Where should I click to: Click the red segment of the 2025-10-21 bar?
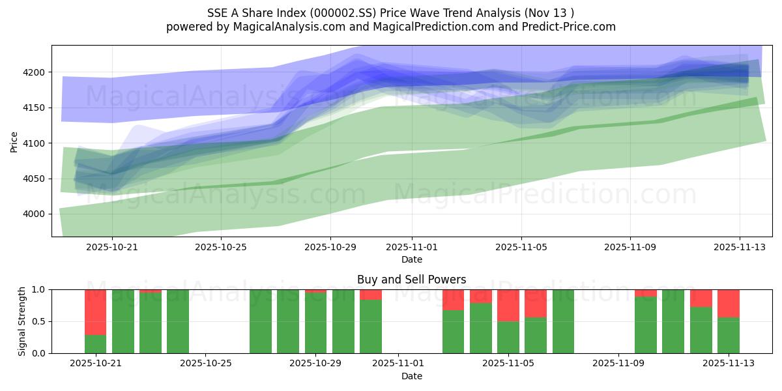click(95, 311)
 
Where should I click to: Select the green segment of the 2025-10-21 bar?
click(95, 344)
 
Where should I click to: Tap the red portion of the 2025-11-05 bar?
click(508, 305)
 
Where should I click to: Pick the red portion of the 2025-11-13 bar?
click(728, 303)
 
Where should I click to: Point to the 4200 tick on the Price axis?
click(38, 72)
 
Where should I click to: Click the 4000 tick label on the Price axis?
click(38, 214)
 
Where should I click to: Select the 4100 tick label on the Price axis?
click(38, 143)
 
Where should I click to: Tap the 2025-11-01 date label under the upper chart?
click(411, 247)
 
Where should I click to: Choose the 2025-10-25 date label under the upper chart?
click(222, 247)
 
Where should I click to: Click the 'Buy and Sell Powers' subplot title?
click(411, 280)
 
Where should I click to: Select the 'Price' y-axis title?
click(14, 141)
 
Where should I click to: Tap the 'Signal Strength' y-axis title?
click(22, 321)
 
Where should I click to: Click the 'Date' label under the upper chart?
click(411, 259)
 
